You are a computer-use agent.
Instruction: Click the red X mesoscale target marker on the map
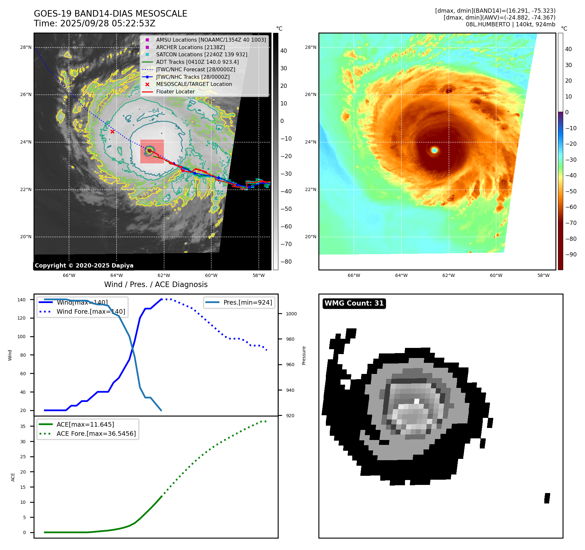112,131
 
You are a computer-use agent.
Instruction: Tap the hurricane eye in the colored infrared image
434,150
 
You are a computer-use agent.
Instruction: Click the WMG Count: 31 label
354,303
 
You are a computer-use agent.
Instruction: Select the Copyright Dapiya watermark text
84,266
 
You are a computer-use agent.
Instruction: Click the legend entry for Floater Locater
175,92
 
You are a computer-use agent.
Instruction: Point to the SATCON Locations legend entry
202,55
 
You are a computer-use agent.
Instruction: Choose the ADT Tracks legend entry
197,62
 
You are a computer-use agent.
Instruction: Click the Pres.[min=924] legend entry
247,302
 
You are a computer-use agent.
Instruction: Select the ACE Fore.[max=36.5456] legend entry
96,433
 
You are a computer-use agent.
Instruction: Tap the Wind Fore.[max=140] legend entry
91,311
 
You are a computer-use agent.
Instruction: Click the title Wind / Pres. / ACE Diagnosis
156,284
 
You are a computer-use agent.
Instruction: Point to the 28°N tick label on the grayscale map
26,48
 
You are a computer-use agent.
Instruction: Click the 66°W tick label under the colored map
354,276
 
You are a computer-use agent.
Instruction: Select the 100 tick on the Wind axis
21,337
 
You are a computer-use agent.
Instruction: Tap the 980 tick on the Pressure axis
290,339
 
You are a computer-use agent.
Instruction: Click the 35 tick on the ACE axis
23,426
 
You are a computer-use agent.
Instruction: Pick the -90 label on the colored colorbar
571,254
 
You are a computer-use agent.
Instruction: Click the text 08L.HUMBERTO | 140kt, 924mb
510,24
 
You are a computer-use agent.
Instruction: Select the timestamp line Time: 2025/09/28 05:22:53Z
94,23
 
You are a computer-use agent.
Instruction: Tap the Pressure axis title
304,355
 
